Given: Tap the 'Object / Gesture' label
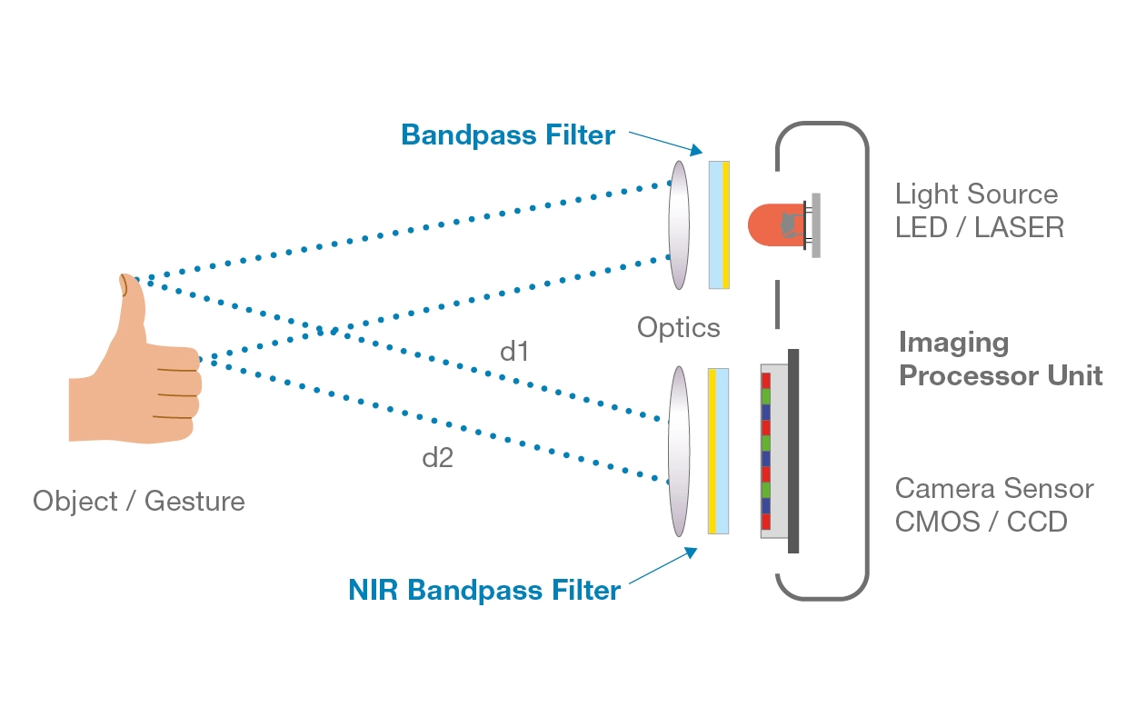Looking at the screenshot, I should coord(139,501).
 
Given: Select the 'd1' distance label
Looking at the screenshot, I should coord(514,352).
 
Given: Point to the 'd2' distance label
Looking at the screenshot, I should coord(437,458).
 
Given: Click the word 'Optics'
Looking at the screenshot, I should coord(678,327).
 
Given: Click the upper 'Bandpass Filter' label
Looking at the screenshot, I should coord(508,135).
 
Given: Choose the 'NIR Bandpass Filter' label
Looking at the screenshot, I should coord(484,590).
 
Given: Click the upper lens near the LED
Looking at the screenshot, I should coord(679,225).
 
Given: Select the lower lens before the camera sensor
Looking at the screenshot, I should coord(679,451).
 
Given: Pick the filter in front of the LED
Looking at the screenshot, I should coord(719,225).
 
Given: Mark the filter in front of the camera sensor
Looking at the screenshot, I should coord(718,451).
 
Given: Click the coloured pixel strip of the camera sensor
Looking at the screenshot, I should coord(766,451).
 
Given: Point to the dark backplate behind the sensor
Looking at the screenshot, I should coord(793,451).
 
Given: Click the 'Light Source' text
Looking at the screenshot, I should coord(976,194).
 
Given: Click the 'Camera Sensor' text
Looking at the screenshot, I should coord(994,489).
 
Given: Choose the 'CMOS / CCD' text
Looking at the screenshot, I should coord(981,522).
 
